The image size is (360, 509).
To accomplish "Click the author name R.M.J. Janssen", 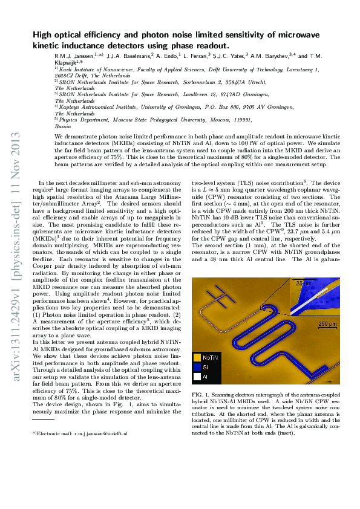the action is tap(74, 56).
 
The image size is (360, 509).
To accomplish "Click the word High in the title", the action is tap(42, 36).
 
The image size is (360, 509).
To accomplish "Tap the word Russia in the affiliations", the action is tap(62, 128).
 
